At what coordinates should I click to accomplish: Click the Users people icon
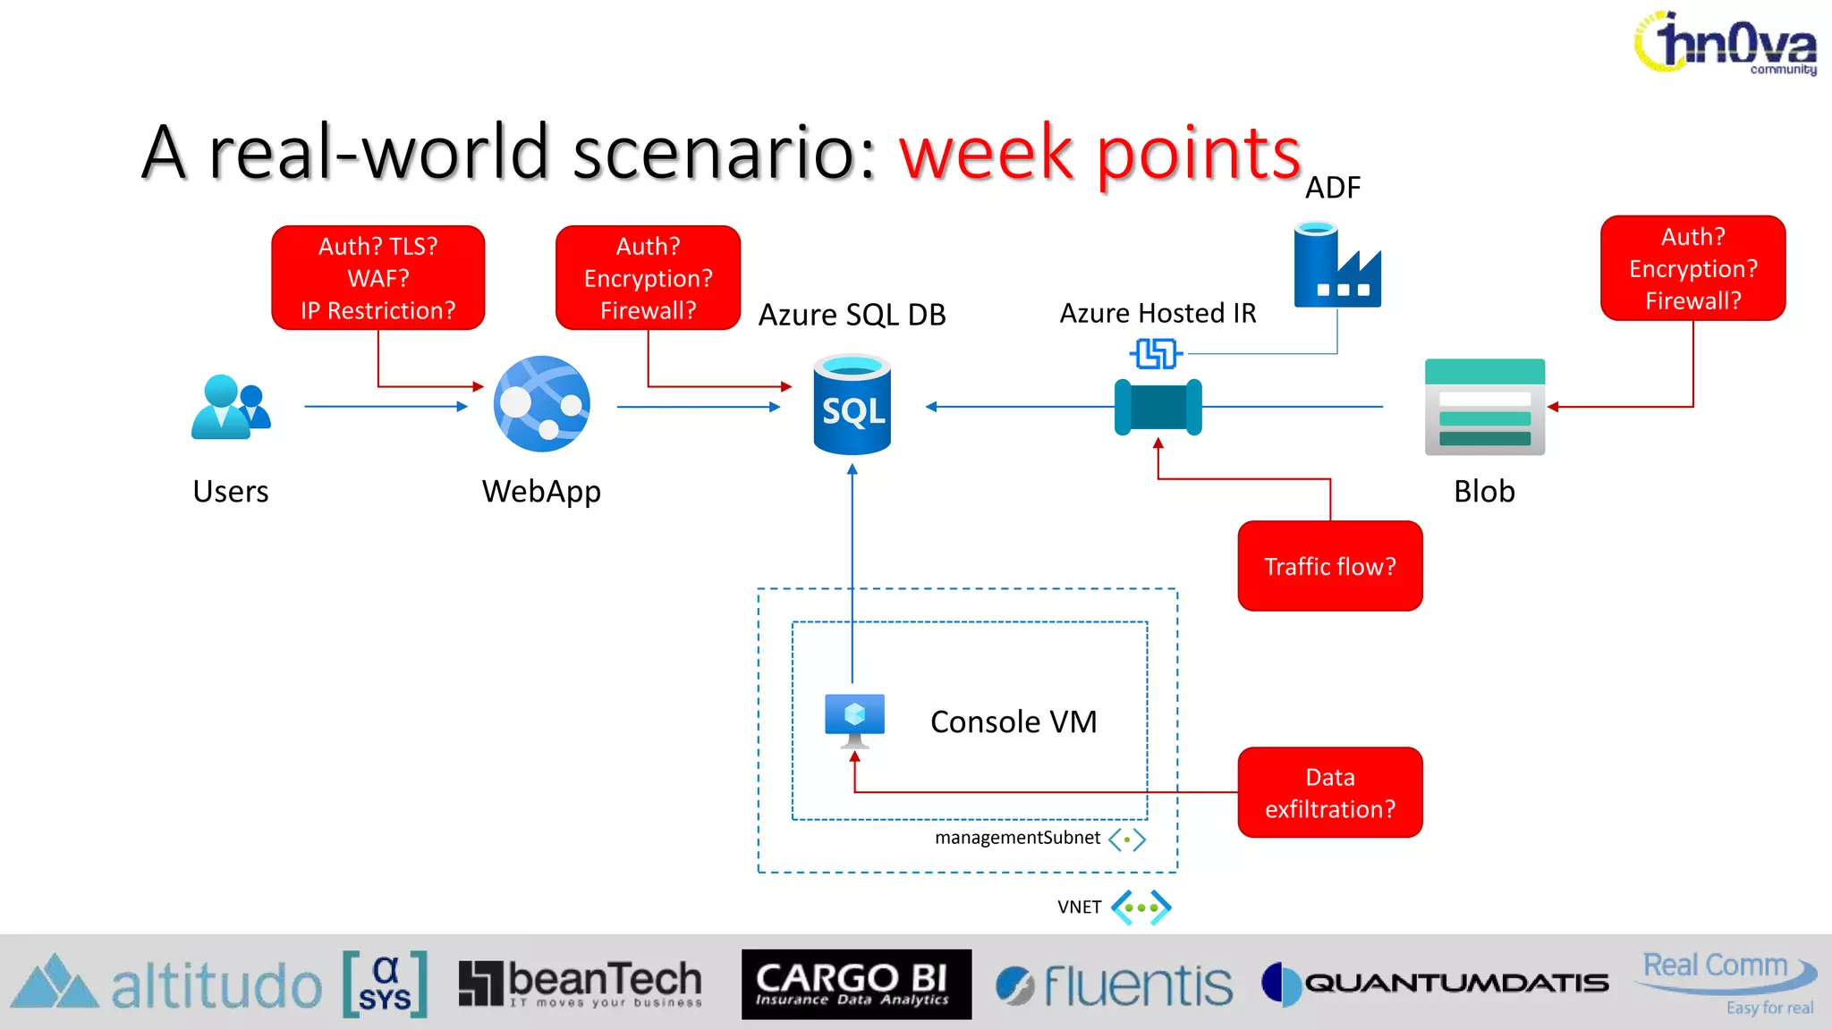pos(230,408)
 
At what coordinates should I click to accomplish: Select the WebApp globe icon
pos(542,404)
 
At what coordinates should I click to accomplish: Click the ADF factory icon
pos(1336,266)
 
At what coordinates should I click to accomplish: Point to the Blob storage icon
pos(1484,407)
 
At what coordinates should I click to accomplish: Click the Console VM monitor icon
pos(854,719)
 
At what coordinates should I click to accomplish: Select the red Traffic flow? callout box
pos(1329,566)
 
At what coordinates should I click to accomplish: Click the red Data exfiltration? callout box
pos(1329,792)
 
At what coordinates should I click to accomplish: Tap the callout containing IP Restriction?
pos(377,278)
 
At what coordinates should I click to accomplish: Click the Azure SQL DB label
pos(852,315)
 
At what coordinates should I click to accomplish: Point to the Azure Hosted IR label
pos(1158,313)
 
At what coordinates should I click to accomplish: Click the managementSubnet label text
pos(1017,838)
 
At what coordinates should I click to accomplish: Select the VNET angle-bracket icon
pos(1141,908)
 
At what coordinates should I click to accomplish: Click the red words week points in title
pos(1099,153)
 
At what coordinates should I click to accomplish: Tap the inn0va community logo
pos(1726,43)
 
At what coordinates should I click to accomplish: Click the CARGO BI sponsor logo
pos(856,984)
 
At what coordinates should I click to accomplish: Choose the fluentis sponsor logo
pos(1115,985)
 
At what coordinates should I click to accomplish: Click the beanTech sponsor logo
pos(581,984)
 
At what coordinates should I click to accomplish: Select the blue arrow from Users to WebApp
pos(385,407)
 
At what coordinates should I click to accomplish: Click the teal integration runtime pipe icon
pos(1158,407)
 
